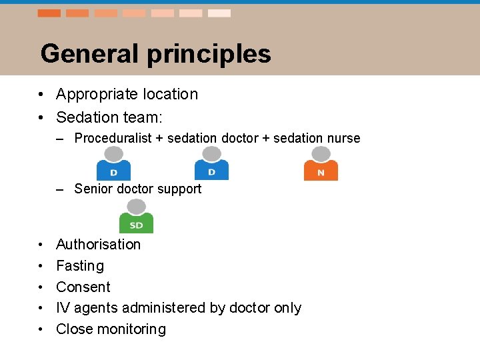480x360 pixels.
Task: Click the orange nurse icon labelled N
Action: [x=321, y=164]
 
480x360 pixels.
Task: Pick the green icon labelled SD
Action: [x=136, y=217]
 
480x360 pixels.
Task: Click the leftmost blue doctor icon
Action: [x=113, y=164]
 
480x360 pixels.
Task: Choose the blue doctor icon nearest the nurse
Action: [x=211, y=164]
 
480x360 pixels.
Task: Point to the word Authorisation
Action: [x=98, y=244]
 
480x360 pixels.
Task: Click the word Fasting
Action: [x=80, y=266]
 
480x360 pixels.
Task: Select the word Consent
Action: [x=83, y=287]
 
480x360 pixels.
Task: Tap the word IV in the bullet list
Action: [x=63, y=307]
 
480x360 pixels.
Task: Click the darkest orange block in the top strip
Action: [x=49, y=13]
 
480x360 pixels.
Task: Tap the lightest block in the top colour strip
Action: [x=219, y=13]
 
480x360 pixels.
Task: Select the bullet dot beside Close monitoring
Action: [x=41, y=329]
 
